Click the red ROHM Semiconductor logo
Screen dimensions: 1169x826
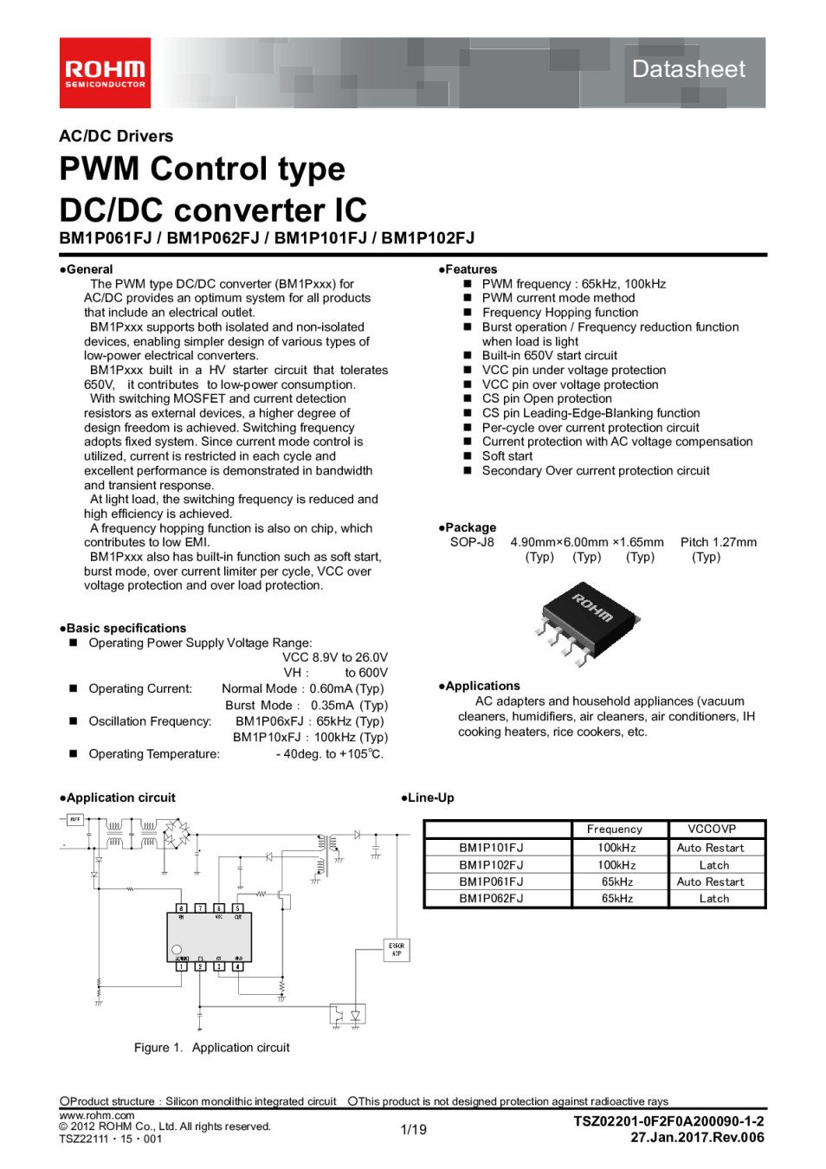pyautogui.click(x=105, y=73)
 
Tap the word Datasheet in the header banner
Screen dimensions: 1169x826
pyautogui.click(x=688, y=69)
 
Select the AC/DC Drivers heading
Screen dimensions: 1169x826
pyautogui.click(x=116, y=136)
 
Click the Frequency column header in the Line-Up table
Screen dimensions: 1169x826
pyautogui.click(x=615, y=830)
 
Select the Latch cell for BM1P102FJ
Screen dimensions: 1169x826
pyautogui.click(x=714, y=865)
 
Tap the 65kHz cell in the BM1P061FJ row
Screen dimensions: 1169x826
pyautogui.click(x=617, y=882)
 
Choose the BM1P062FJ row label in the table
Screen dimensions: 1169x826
pyautogui.click(x=491, y=899)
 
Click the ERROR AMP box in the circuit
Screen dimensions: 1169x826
pyautogui.click(x=397, y=950)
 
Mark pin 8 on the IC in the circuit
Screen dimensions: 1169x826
pyautogui.click(x=182, y=907)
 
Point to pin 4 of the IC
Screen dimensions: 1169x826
pyautogui.click(x=237, y=966)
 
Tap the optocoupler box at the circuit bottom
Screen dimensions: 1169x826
pyautogui.click(x=346, y=1014)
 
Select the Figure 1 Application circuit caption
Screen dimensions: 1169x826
pyautogui.click(x=211, y=1048)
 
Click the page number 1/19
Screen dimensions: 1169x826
pyautogui.click(x=414, y=1129)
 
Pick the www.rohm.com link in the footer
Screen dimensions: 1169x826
pyautogui.click(x=97, y=1115)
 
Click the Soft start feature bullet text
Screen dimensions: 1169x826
pyautogui.click(x=507, y=456)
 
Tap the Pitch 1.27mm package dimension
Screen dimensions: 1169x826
pyautogui.click(x=718, y=542)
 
